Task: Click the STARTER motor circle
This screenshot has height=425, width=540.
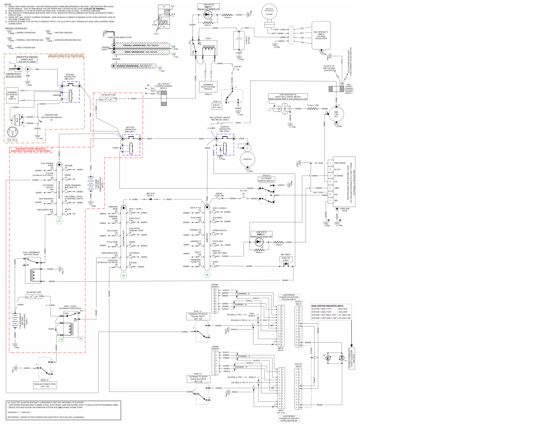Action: (x=247, y=159)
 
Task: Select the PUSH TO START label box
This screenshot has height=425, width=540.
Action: (x=286, y=259)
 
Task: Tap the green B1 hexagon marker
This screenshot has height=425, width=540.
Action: (x=59, y=221)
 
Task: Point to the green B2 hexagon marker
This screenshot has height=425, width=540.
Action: (x=207, y=275)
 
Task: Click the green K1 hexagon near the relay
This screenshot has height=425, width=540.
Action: (x=80, y=339)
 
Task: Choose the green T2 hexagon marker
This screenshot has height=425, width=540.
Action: (x=61, y=339)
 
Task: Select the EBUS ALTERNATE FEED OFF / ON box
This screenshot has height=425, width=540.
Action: (x=45, y=385)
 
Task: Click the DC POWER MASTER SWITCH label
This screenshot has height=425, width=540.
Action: (x=266, y=180)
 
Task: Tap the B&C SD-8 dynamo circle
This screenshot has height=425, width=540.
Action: (x=269, y=12)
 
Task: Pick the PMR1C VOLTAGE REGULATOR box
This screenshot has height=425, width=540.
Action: (x=321, y=35)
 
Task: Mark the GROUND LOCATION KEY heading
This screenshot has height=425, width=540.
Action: (x=16, y=28)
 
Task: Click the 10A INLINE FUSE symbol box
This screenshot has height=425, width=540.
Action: (x=34, y=297)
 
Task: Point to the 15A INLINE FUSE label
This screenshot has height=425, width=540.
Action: (x=108, y=95)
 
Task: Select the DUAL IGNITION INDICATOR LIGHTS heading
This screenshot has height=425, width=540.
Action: (x=327, y=306)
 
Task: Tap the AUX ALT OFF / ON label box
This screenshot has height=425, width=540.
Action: (x=216, y=106)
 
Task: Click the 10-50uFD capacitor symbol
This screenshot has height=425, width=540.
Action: (x=239, y=40)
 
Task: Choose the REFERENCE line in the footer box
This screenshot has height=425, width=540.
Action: (x=45, y=417)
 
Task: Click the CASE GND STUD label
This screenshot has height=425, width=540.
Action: (x=344, y=209)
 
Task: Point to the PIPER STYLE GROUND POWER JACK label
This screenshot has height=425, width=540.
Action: (x=27, y=59)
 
